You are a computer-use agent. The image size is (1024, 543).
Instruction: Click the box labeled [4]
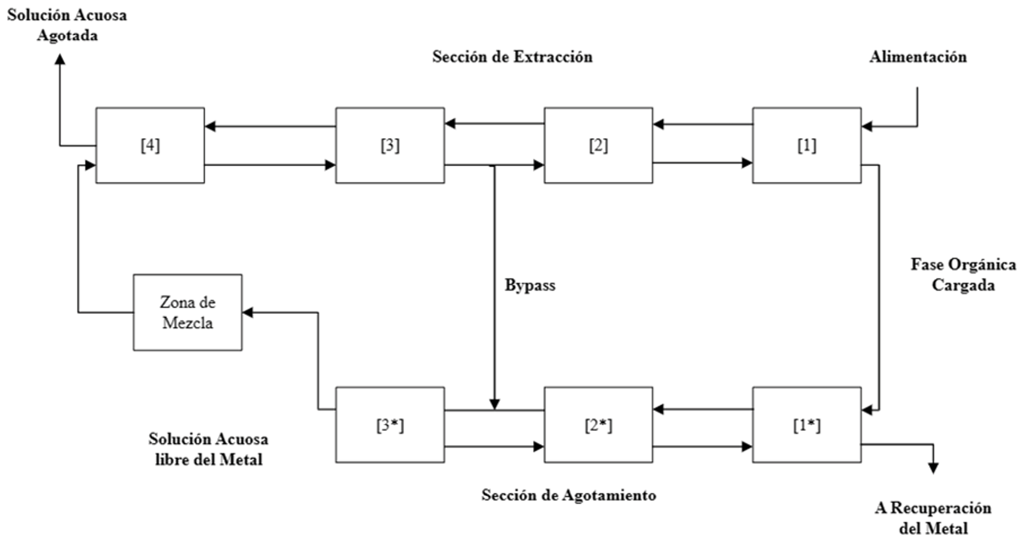pyautogui.click(x=150, y=145)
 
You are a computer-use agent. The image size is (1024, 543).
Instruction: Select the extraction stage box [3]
pyautogui.click(x=390, y=145)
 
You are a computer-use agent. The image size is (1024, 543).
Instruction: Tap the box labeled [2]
pyautogui.click(x=598, y=145)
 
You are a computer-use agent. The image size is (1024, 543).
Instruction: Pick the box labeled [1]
pyautogui.click(x=806, y=145)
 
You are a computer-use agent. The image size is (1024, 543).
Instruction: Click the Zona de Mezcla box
pyautogui.click(x=187, y=312)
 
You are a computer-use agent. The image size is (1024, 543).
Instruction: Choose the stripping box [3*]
pyautogui.click(x=390, y=425)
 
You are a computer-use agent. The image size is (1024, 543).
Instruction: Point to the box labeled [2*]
pyautogui.click(x=598, y=425)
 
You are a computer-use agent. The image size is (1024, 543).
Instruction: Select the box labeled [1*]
pyautogui.click(x=806, y=425)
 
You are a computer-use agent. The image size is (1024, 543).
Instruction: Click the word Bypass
pyautogui.click(x=530, y=286)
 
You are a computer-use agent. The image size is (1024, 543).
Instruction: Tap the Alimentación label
pyautogui.click(x=918, y=57)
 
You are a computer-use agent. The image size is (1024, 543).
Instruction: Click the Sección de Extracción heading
pyautogui.click(x=512, y=57)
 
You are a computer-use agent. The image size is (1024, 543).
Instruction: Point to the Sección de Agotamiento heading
pyautogui.click(x=568, y=495)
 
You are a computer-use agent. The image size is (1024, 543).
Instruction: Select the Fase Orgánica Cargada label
pyautogui.click(x=963, y=274)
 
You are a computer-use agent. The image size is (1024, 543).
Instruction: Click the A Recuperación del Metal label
pyautogui.click(x=933, y=518)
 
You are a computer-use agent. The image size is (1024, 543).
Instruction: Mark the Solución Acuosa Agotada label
pyautogui.click(x=67, y=25)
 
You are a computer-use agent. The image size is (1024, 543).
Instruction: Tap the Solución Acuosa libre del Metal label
pyautogui.click(x=208, y=449)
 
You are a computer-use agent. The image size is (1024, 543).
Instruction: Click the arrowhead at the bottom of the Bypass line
pyautogui.click(x=494, y=404)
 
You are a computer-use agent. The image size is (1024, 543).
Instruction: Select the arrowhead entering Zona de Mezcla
pyautogui.click(x=248, y=312)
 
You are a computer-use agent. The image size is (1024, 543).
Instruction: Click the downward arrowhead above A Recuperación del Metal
pyautogui.click(x=933, y=468)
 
